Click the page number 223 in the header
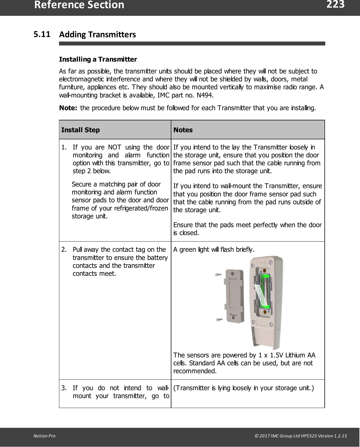pos(335,5)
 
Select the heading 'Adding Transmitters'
pos(97,35)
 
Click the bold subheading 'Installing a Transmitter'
pos(98,59)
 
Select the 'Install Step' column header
pos(80,130)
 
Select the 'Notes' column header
pos(183,130)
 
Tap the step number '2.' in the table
pos(64,250)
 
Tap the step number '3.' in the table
pos(64,388)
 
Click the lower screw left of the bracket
pos(219,320)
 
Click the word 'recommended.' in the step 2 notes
pos(195,371)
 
